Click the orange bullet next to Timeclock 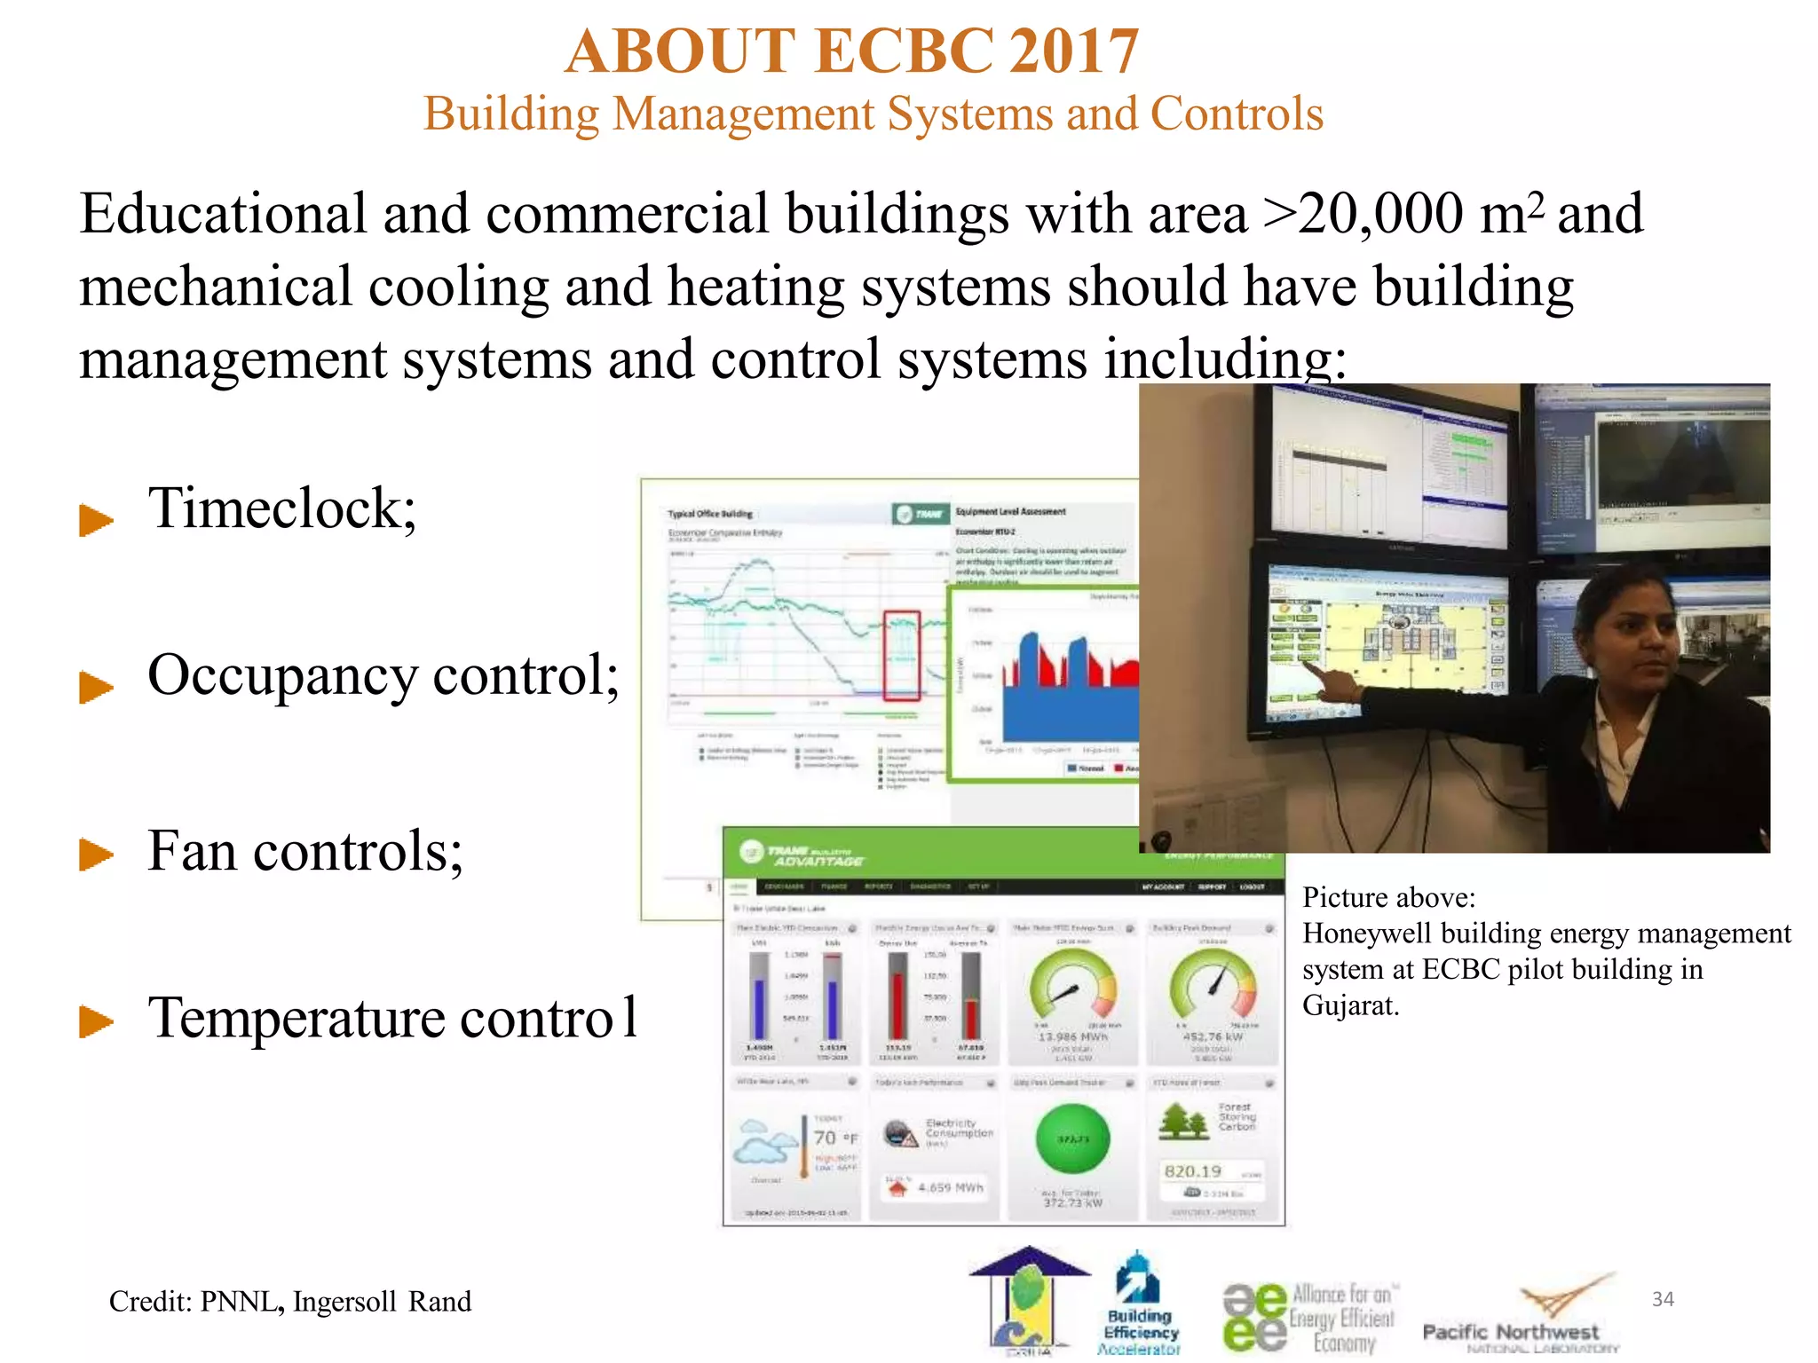point(96,519)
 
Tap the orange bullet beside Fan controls point(96,855)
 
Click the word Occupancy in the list point(281,677)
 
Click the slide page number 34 point(1662,1299)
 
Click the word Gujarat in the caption point(1348,1005)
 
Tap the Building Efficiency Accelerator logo point(1140,1304)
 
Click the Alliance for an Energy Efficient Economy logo point(1309,1318)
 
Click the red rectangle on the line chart point(901,654)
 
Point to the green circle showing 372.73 point(1072,1139)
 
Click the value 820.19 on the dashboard point(1192,1171)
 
